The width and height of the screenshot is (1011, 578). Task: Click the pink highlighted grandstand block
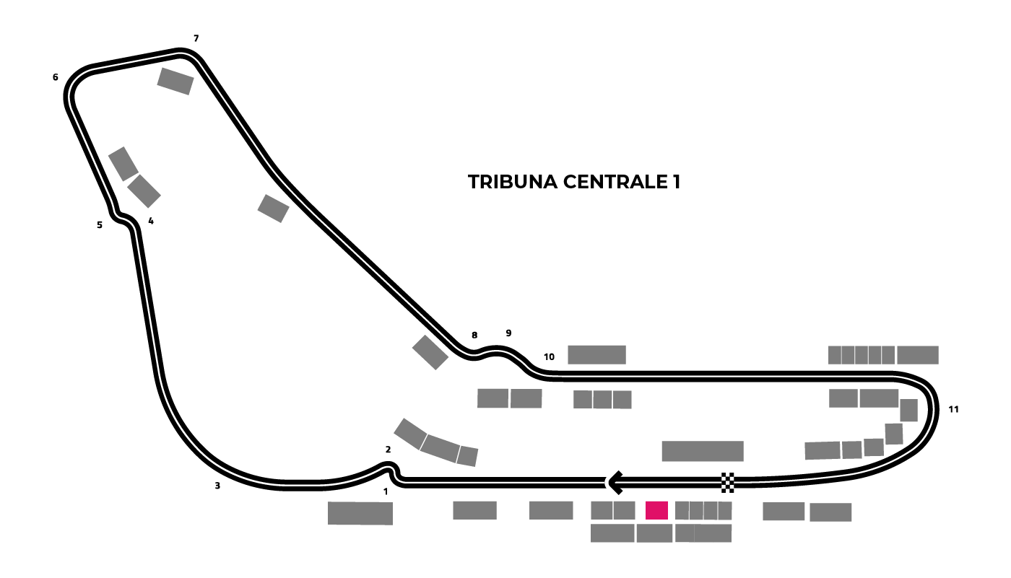pyautogui.click(x=656, y=510)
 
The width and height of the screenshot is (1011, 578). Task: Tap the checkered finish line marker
pyautogui.click(x=728, y=483)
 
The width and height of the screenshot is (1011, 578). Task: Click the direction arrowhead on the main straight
pyautogui.click(x=615, y=483)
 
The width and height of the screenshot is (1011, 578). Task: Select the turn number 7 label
pyautogui.click(x=196, y=38)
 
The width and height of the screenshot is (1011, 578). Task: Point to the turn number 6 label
pyautogui.click(x=56, y=77)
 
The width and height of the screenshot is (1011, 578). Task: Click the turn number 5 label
pyautogui.click(x=100, y=225)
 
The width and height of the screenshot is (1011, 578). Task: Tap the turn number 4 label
pyautogui.click(x=151, y=221)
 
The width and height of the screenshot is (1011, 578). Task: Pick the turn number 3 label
pyautogui.click(x=217, y=486)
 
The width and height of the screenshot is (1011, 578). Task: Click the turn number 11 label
pyautogui.click(x=954, y=409)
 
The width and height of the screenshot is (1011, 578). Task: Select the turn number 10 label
pyautogui.click(x=549, y=357)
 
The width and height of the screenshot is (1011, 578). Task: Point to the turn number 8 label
pyautogui.click(x=474, y=335)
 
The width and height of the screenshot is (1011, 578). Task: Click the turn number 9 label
pyautogui.click(x=508, y=333)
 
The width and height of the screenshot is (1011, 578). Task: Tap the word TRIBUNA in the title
pyautogui.click(x=513, y=182)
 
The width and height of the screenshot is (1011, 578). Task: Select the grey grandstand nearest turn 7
pyautogui.click(x=175, y=81)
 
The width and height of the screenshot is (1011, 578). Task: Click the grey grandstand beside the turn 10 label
pyautogui.click(x=596, y=355)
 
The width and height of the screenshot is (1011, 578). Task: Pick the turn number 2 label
pyautogui.click(x=389, y=450)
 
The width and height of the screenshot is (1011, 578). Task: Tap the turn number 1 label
pyautogui.click(x=386, y=491)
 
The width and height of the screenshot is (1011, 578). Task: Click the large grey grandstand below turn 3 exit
pyautogui.click(x=360, y=513)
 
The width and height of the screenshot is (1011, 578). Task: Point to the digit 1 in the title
pyautogui.click(x=677, y=182)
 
